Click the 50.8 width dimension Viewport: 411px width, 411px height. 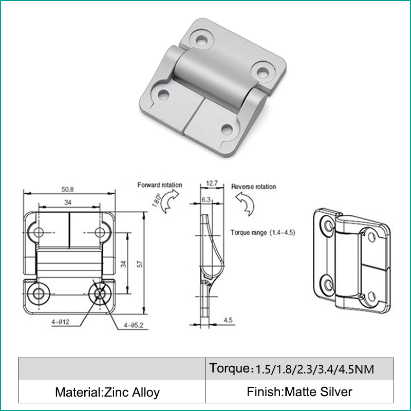point(68,189)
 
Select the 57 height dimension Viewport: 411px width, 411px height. point(140,264)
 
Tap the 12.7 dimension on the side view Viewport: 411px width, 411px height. point(212,183)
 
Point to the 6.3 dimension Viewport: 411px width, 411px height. point(206,200)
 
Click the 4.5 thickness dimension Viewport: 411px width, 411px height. point(228,320)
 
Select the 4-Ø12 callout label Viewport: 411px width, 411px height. point(61,322)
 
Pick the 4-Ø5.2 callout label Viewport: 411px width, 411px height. point(134,325)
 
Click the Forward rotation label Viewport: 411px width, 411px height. point(160,185)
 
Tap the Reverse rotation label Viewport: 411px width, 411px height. point(253,186)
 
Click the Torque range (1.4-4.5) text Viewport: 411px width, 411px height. point(263,233)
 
